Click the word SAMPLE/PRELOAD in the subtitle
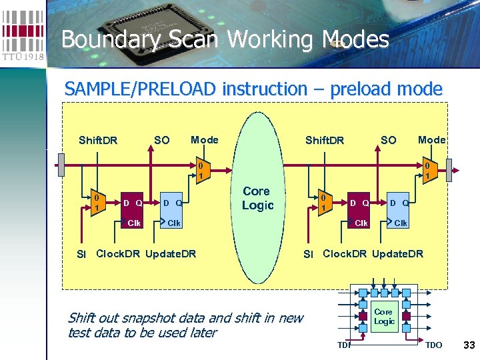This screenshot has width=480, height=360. click(x=141, y=89)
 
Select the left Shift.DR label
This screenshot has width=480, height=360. click(x=98, y=140)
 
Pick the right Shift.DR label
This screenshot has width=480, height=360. click(x=325, y=140)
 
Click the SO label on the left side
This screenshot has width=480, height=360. click(x=161, y=140)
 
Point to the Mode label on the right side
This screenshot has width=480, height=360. click(x=431, y=139)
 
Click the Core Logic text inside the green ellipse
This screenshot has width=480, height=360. click(x=257, y=198)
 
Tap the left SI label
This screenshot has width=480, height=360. click(x=81, y=254)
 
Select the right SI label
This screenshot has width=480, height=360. click(x=308, y=254)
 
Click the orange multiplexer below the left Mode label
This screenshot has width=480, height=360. click(x=201, y=171)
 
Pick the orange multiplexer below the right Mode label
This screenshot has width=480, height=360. click(x=427, y=171)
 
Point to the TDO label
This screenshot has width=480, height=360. click(x=433, y=345)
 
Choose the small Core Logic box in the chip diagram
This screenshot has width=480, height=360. click(x=384, y=317)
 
